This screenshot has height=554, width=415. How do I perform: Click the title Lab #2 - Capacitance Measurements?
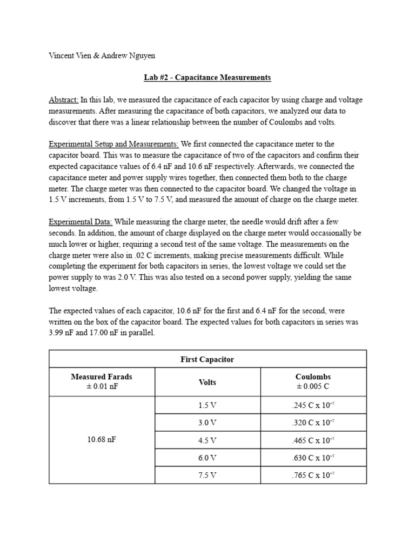tap(207, 77)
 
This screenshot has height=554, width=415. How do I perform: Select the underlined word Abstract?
tap(64, 100)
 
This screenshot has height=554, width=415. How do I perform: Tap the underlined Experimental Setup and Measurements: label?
tap(113, 144)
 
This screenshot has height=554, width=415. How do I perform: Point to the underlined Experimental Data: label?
tap(81, 222)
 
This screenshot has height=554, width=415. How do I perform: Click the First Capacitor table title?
tap(207, 359)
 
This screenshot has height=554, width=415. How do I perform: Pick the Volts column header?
tap(207, 382)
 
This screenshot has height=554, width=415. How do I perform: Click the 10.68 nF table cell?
tap(102, 440)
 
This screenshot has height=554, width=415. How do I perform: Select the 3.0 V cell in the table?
tap(207, 423)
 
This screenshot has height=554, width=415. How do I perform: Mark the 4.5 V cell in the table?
tap(207, 440)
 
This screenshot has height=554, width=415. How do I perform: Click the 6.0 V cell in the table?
tap(207, 458)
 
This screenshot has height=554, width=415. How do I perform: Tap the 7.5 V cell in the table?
tap(207, 475)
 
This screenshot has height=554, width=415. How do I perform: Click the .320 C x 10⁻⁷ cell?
tap(313, 423)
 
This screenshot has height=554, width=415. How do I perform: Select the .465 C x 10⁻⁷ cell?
tap(313, 440)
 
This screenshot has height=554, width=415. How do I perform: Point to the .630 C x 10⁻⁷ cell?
tap(313, 458)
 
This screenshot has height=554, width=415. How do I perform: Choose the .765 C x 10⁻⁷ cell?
tap(313, 475)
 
